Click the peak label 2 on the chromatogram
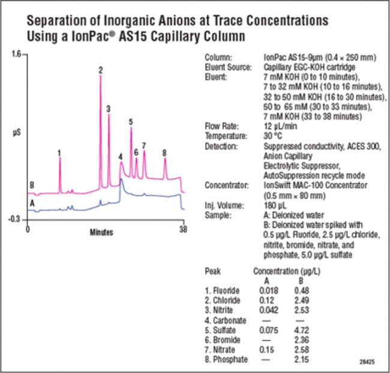click(x=101, y=70)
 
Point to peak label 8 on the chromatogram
click(x=164, y=153)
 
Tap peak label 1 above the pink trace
click(x=59, y=153)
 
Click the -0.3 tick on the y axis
click(x=14, y=219)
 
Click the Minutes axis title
click(x=103, y=231)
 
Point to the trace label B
click(x=32, y=184)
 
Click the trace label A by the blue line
click(x=32, y=203)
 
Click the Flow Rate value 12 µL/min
click(x=280, y=126)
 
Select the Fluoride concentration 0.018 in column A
click(x=267, y=290)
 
